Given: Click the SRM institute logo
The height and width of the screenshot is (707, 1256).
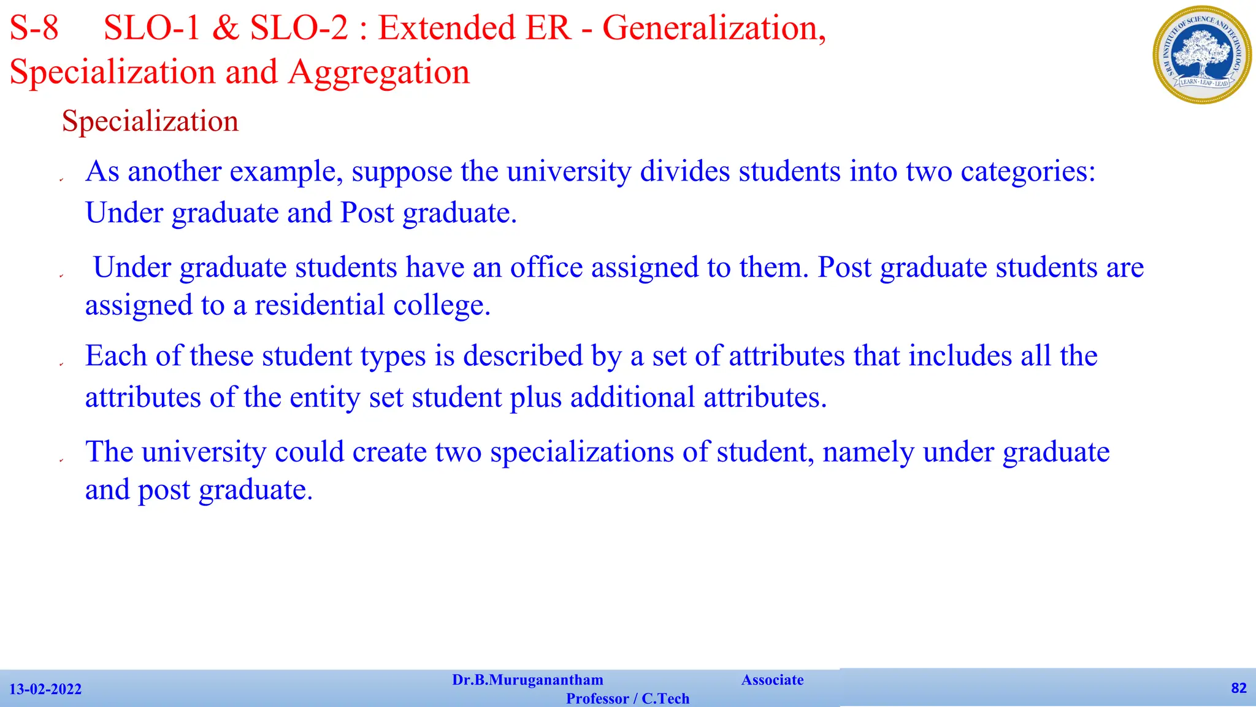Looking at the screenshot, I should [x=1201, y=55].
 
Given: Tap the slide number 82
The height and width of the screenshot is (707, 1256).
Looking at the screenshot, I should [x=1239, y=688].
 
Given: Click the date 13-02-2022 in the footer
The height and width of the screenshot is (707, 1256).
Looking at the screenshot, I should [x=45, y=689].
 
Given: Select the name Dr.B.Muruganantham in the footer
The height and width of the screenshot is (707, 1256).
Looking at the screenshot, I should [x=527, y=680].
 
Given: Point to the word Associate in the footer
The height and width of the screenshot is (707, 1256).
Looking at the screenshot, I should [x=772, y=680].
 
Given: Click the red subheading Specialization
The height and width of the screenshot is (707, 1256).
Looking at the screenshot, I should [x=150, y=121].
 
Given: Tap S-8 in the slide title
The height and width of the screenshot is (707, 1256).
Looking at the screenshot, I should [x=34, y=28].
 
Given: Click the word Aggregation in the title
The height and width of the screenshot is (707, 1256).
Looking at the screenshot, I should [x=378, y=72].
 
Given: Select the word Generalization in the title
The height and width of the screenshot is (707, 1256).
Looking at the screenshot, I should [x=714, y=28].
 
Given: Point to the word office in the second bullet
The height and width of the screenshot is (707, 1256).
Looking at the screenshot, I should [x=546, y=268].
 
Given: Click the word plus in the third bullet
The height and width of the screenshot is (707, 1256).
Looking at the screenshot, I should [x=535, y=398].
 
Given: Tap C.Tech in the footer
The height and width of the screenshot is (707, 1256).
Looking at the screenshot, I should [x=665, y=699].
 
